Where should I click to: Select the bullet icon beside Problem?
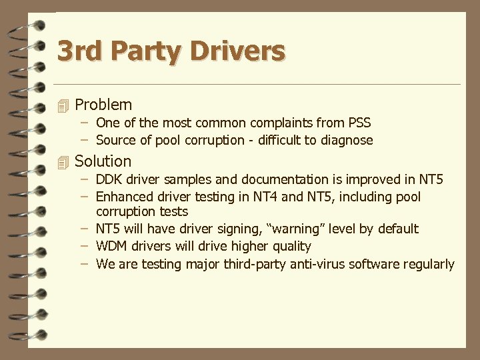(63, 105)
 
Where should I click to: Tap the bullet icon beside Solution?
(63, 162)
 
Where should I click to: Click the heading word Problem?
(103, 105)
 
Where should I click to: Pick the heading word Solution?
(103, 161)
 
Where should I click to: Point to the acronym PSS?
(359, 123)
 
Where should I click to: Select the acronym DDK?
(109, 179)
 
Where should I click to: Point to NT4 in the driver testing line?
(268, 197)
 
